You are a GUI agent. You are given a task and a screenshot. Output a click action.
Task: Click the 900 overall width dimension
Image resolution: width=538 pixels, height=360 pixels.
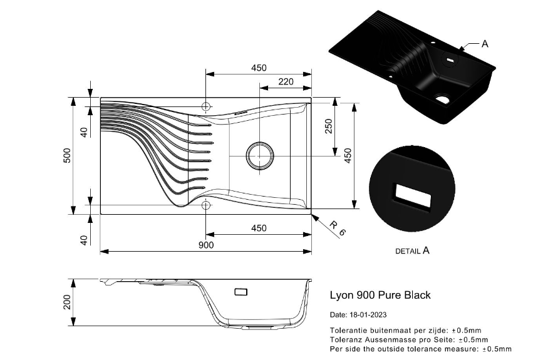(206, 245)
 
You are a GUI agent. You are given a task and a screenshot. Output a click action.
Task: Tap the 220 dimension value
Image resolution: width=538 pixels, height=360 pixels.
(286, 81)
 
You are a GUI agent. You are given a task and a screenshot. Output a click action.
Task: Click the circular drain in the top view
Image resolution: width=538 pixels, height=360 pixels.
(259, 155)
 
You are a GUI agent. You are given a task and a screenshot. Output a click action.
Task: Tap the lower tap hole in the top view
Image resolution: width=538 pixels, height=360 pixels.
(206, 205)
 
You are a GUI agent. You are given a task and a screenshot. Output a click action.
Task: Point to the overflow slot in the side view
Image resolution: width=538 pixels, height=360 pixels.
(241, 292)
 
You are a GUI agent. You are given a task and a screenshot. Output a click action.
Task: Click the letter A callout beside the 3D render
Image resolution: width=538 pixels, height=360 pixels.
(485, 44)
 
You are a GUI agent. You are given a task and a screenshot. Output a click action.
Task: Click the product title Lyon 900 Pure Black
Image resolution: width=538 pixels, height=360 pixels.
(380, 295)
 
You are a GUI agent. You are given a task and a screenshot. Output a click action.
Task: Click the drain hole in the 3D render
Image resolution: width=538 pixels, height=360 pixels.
(443, 99)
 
